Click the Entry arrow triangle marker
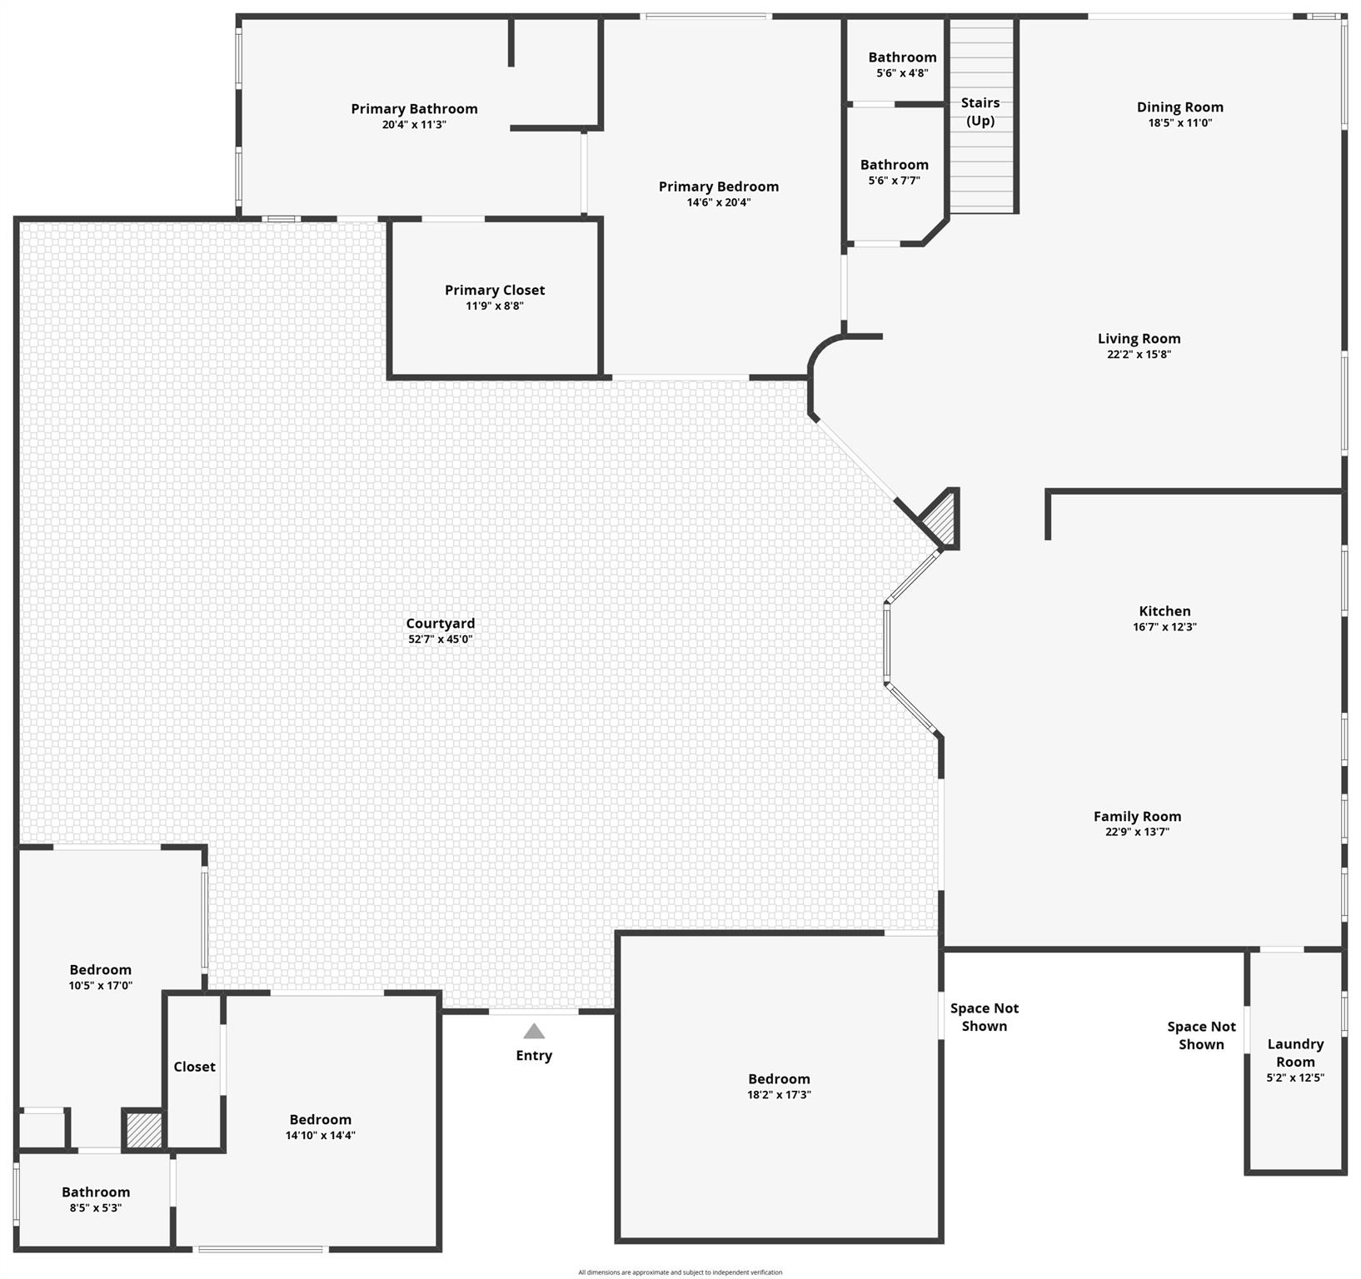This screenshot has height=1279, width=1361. click(x=534, y=1032)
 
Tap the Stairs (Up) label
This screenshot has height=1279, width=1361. click(x=980, y=112)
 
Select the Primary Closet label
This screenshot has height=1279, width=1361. click(x=495, y=290)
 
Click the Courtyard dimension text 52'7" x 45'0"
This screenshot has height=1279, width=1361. click(x=441, y=639)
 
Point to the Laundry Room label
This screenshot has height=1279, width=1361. click(x=1295, y=1053)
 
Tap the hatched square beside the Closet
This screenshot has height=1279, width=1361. click(x=143, y=1130)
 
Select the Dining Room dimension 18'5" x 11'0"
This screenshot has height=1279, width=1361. click(x=1179, y=123)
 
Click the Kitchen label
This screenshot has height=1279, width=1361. click(x=1164, y=611)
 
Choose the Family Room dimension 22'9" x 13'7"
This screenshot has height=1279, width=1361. click(x=1137, y=832)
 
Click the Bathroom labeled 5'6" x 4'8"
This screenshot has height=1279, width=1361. click(x=902, y=57)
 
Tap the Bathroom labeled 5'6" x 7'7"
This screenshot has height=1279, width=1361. click(x=894, y=165)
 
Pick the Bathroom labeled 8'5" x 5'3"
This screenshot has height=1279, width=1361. click(x=96, y=1192)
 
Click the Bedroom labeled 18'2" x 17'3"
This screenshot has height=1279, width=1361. click(x=779, y=1079)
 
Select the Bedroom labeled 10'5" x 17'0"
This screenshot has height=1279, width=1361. click(x=100, y=970)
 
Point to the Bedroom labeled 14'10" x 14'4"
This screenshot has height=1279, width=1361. click(x=321, y=1120)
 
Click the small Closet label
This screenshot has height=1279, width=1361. click(x=194, y=1067)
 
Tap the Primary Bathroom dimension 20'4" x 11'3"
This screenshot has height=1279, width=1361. click(x=414, y=125)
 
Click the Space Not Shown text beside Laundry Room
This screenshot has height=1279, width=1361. click(x=1201, y=1036)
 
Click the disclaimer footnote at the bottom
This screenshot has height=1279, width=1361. click(x=680, y=1272)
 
